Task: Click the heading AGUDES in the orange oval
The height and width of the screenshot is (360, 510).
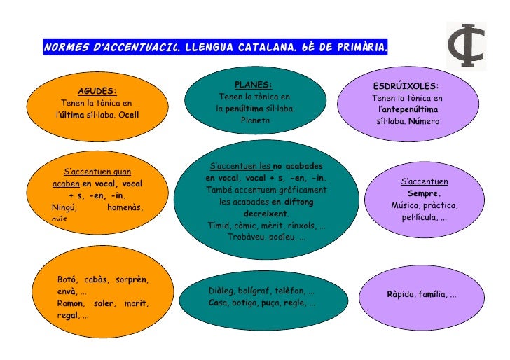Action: point(97,91)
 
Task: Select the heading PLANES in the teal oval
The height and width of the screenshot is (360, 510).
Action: point(253,85)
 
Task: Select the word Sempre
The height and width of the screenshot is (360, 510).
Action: point(424,193)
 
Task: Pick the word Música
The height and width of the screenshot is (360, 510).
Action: point(406,205)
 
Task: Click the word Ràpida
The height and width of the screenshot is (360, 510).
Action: point(400,295)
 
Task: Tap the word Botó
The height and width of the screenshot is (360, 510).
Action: point(67,280)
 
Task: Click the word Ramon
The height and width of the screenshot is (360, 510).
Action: point(71,303)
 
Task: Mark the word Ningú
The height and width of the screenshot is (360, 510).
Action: point(65,207)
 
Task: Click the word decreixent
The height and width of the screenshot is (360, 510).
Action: point(266,214)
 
